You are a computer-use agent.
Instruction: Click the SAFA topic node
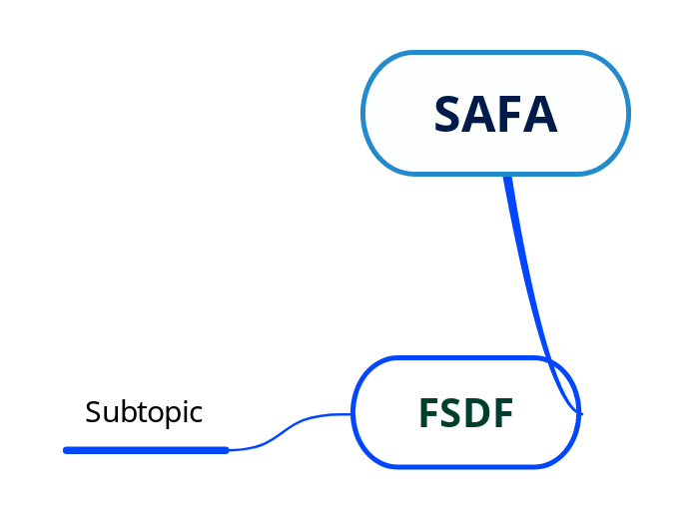[495, 114]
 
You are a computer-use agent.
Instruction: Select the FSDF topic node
[465, 412]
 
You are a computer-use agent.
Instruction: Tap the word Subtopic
[144, 412]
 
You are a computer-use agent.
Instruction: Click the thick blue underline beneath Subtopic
[146, 450]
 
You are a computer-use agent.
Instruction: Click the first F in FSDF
[427, 413]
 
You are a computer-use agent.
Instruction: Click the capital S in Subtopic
[92, 412]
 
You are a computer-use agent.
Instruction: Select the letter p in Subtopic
[169, 415]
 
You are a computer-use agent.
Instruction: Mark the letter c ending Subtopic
[197, 413]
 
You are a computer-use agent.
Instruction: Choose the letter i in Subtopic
[186, 411]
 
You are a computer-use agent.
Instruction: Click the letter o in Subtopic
[152, 413]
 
